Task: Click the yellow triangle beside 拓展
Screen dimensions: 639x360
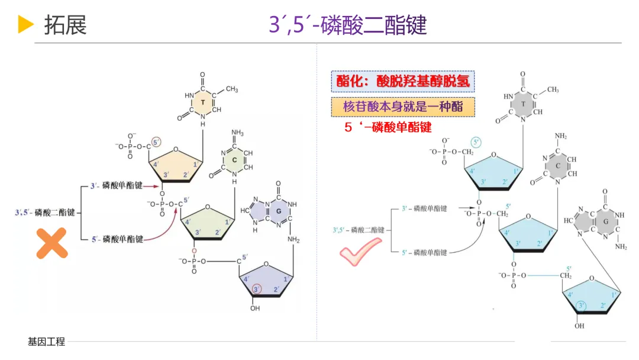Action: pyautogui.click(x=25, y=24)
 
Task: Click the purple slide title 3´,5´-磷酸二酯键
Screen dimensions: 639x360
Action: pyautogui.click(x=348, y=25)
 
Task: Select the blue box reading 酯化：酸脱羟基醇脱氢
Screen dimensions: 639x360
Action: pyautogui.click(x=403, y=81)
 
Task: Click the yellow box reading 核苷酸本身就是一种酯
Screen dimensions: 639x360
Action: pyautogui.click(x=403, y=107)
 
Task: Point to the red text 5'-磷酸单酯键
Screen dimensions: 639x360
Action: pyautogui.click(x=388, y=127)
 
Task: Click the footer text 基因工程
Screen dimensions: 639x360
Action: pyautogui.click(x=46, y=342)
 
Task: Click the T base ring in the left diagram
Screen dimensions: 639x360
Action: pyautogui.click(x=202, y=103)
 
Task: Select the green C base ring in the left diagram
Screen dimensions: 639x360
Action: pyautogui.click(x=234, y=159)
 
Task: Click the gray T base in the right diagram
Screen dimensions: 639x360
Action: pyautogui.click(x=522, y=104)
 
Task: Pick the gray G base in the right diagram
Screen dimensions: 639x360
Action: pyautogui.click(x=605, y=222)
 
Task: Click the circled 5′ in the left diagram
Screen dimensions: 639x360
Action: pyautogui.click(x=156, y=142)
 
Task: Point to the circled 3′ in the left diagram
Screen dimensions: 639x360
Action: pyautogui.click(x=256, y=289)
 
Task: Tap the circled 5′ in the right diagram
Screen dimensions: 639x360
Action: pyautogui.click(x=477, y=143)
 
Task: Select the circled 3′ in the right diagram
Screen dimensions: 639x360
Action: pyautogui.click(x=582, y=306)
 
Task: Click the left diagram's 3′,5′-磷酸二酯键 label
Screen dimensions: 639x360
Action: pyautogui.click(x=45, y=213)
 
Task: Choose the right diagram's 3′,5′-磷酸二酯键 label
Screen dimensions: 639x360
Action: pyautogui.click(x=359, y=230)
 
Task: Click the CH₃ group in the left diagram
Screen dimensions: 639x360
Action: pyautogui.click(x=231, y=89)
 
